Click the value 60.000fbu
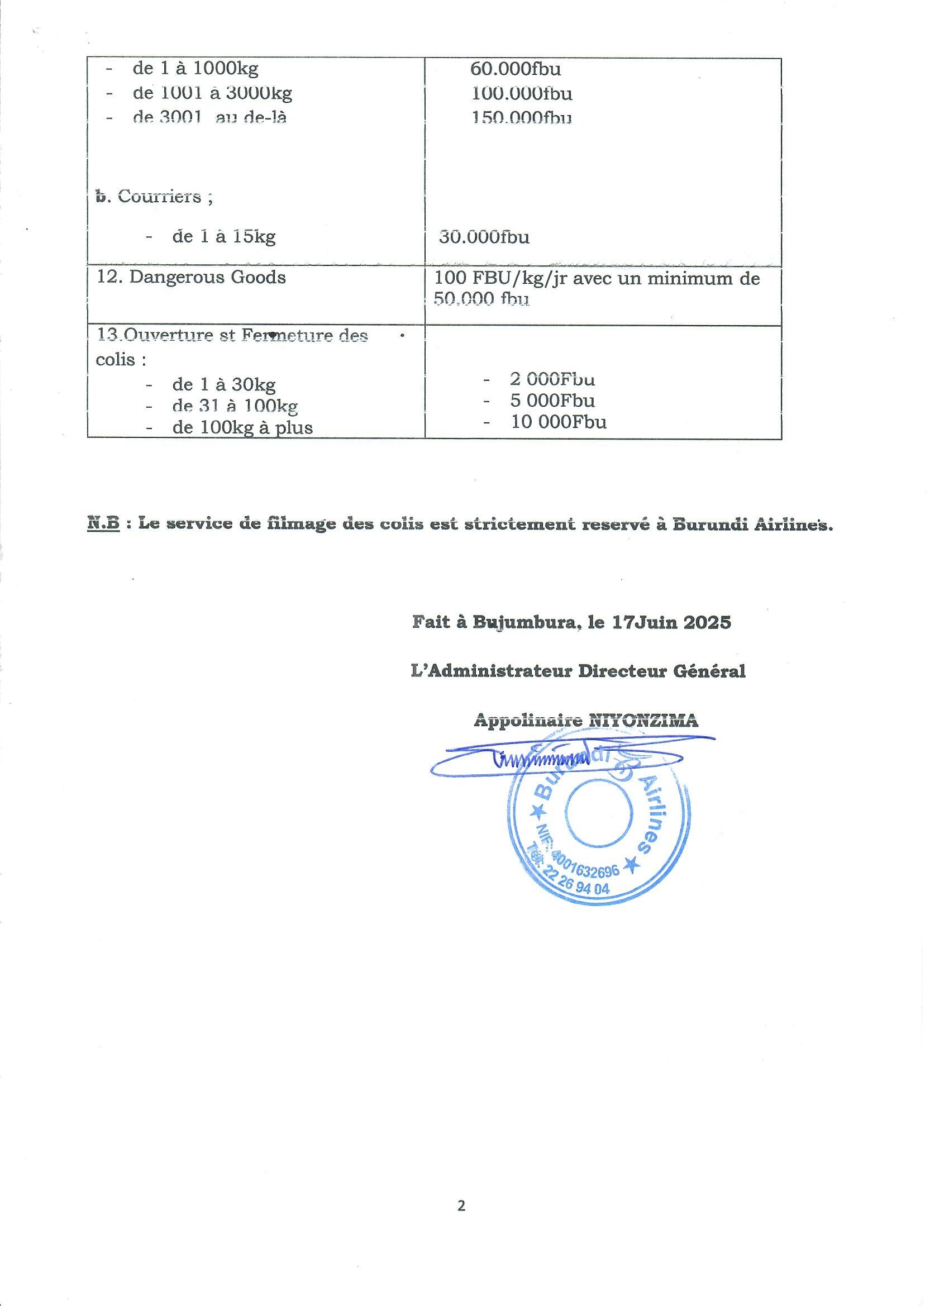(x=516, y=69)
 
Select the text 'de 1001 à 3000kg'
(x=212, y=93)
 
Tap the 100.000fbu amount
(x=522, y=93)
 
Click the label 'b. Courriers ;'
(x=154, y=197)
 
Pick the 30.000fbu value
(x=484, y=237)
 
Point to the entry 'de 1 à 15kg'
(x=223, y=237)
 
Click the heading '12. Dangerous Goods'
(x=191, y=278)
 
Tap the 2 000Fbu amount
(x=552, y=379)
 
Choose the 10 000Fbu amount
(x=559, y=422)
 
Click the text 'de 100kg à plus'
(x=242, y=428)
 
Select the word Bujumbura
(x=524, y=622)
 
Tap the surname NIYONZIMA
(x=643, y=721)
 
